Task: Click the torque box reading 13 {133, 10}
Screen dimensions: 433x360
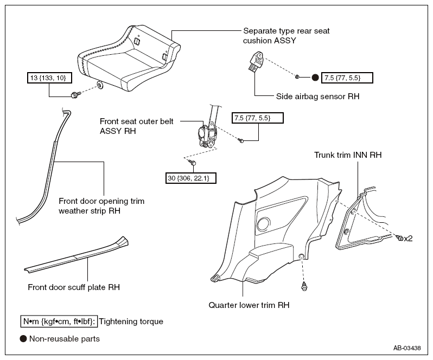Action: [x=49, y=78]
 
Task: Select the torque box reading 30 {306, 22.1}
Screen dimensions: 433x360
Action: [x=190, y=178]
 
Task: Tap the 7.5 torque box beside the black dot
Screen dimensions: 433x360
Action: [x=347, y=78]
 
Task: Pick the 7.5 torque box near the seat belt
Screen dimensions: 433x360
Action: [x=257, y=118]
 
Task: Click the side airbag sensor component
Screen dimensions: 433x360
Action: [x=257, y=62]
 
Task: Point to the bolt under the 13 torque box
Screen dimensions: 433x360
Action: [x=75, y=95]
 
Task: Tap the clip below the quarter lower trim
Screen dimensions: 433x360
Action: [x=304, y=286]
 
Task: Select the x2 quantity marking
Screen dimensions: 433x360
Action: [x=408, y=239]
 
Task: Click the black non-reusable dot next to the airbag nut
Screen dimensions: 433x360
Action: [x=315, y=78]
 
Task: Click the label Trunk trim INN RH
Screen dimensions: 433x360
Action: [x=348, y=155]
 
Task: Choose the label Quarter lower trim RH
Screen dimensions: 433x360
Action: [x=249, y=305]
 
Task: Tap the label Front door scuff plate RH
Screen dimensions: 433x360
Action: [x=74, y=287]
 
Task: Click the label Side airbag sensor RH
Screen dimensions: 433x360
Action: [x=317, y=97]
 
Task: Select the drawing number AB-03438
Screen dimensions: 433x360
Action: [x=407, y=348]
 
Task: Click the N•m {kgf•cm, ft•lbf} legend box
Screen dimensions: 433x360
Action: [x=59, y=322]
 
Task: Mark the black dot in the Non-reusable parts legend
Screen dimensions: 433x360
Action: [x=23, y=339]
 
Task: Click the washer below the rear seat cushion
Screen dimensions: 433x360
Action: [x=100, y=85]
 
